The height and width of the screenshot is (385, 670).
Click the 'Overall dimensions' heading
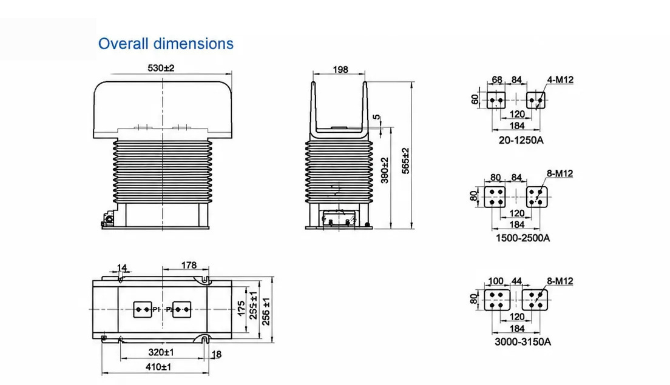166,44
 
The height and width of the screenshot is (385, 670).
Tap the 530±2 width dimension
161,68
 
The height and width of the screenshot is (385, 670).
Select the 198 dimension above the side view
340,69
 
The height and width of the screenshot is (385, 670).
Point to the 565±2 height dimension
405,161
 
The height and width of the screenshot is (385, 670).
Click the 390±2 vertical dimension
385,170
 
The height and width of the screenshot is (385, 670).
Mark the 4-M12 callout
560,80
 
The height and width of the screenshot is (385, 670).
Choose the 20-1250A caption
521,140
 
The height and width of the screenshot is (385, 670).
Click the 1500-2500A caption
523,238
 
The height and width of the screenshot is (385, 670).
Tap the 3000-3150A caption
523,342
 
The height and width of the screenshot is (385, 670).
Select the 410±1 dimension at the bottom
158,367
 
